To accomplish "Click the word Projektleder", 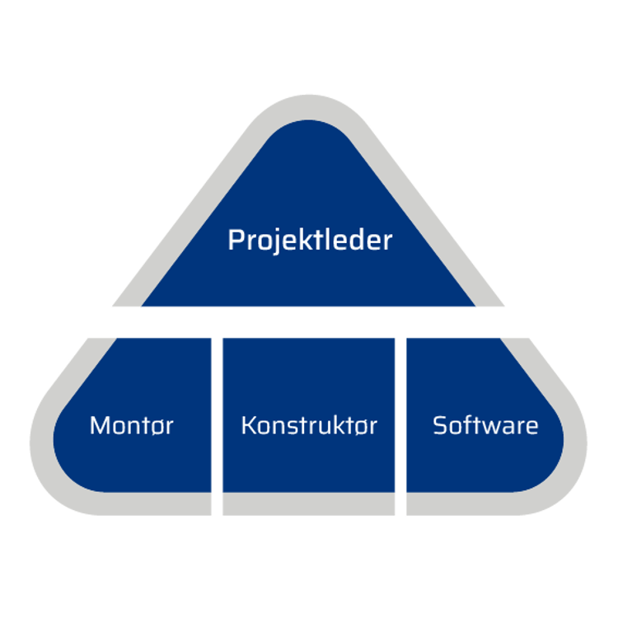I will (x=310, y=241).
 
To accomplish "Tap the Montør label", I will (x=132, y=426).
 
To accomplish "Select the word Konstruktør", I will (x=309, y=426).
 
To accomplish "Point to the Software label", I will (x=485, y=426).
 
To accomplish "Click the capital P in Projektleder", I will (x=235, y=241).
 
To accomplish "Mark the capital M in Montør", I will (x=99, y=426).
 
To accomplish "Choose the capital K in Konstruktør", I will (x=248, y=426).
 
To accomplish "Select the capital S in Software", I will (x=440, y=426).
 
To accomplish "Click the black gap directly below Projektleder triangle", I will (x=309, y=321).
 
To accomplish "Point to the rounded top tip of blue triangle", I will (x=309, y=132).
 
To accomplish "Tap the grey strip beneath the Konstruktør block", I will (x=309, y=505).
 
